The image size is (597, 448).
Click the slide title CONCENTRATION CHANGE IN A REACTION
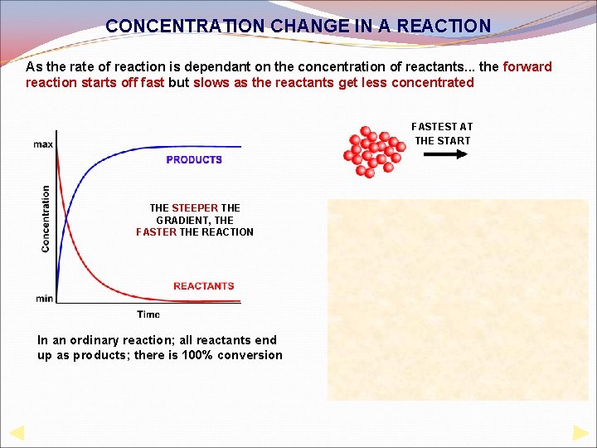tap(298, 26)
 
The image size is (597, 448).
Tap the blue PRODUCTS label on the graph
tap(194, 159)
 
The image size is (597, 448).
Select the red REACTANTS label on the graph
tap(204, 286)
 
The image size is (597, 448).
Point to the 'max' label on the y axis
tap(43, 144)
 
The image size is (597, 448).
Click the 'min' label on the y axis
tap(45, 298)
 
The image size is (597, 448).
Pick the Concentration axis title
tap(46, 218)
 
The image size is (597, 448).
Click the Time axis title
tap(148, 314)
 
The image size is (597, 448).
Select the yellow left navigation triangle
tap(16, 432)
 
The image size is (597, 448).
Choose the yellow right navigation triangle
tap(580, 432)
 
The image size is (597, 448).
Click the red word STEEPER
tap(195, 207)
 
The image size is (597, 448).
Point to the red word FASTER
tap(156, 232)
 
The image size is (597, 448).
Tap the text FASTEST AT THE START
tap(442, 134)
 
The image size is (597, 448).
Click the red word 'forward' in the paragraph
tap(527, 66)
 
